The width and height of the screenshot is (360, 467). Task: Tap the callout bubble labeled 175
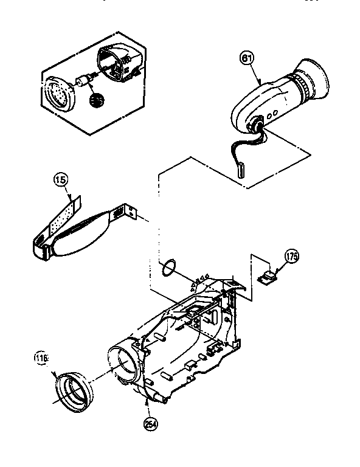tap(291, 257)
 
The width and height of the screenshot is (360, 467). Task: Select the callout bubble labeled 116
tap(41, 359)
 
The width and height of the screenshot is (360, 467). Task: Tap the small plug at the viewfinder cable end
tap(239, 168)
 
